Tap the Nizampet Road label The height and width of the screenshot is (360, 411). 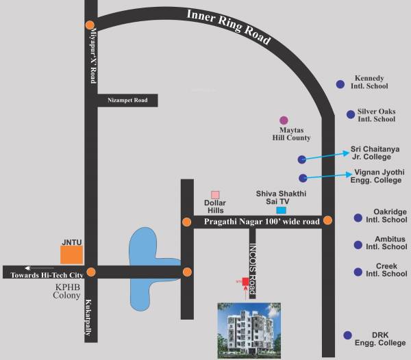pos(127,101)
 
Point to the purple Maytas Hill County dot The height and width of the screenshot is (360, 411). pos(284,120)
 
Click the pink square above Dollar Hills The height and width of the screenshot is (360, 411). pos(215,195)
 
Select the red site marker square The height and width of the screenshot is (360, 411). pos(245,281)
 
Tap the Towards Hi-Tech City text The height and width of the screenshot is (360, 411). pos(46,274)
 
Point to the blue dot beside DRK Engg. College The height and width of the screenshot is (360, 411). pos(348,335)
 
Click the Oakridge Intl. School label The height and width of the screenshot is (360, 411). pos(390,216)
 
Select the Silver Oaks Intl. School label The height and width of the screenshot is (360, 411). pos(376,115)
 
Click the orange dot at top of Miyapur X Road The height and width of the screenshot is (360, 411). pos(90,25)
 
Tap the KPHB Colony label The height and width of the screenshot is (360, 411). pos(67,292)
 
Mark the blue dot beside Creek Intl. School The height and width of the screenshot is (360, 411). pos(357,272)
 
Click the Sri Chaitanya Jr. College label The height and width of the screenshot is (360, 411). pos(375,152)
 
